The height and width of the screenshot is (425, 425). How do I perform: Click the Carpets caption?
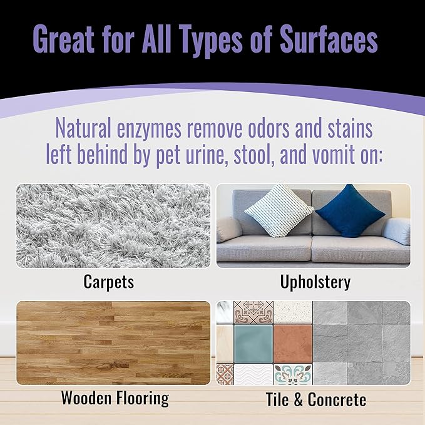click(108, 282)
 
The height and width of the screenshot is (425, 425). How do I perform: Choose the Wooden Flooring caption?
click(115, 397)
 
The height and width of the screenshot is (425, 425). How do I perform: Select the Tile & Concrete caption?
click(316, 399)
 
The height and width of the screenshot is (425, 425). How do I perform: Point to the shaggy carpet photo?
click(113, 225)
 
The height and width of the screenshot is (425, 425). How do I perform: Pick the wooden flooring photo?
click(113, 343)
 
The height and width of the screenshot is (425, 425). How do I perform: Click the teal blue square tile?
click(252, 343)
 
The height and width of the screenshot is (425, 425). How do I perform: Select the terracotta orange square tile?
click(292, 343)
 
